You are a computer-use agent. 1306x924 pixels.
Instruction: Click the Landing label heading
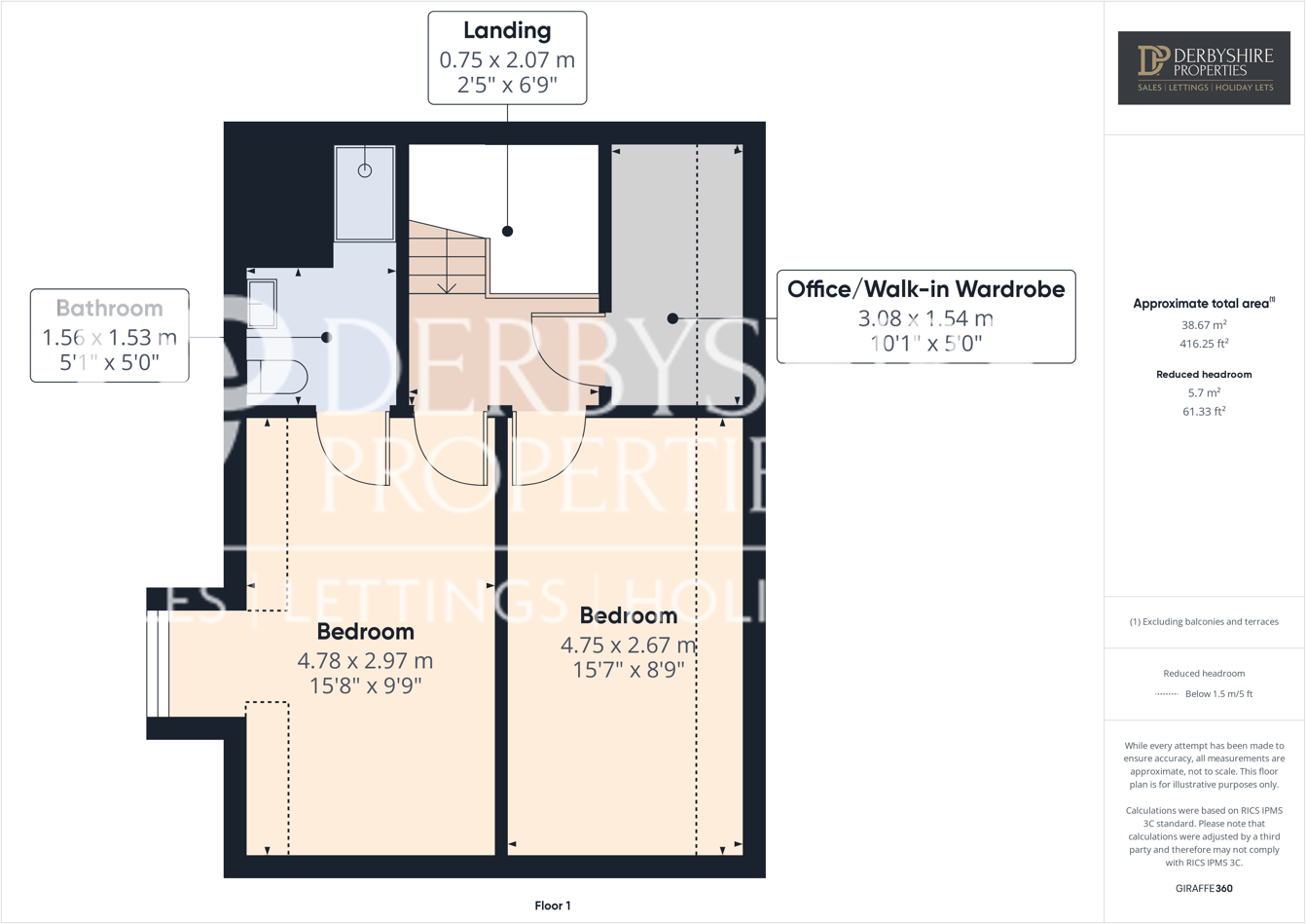pos(507,31)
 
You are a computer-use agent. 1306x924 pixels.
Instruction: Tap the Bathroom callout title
pos(109,309)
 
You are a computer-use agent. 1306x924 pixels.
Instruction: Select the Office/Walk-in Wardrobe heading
pos(925,289)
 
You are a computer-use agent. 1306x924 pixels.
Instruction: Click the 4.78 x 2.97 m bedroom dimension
pos(365,660)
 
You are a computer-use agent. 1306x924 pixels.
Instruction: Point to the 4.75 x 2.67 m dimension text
pos(628,645)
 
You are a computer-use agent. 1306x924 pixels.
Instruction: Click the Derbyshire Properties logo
pos(1204,67)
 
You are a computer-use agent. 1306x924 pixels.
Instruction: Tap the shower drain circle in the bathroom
pos(365,170)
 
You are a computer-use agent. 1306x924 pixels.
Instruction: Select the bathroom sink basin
pos(262,304)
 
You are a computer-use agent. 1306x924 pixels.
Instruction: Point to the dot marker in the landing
pos(507,232)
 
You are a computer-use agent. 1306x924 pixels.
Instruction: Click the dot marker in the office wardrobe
pos(672,318)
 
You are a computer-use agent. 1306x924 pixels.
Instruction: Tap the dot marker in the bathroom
pos(326,337)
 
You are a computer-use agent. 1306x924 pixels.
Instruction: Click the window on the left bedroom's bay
pos(158,663)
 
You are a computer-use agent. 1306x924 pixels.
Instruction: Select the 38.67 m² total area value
pos(1204,325)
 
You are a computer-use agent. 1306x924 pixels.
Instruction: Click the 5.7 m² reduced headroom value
pos(1204,392)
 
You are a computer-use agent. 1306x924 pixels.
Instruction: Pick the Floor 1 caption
pos(553,906)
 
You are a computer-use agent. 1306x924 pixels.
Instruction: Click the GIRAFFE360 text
pos(1204,888)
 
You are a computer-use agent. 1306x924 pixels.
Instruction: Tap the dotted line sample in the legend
pos(1166,694)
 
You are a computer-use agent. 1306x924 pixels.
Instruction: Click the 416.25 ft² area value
pos(1204,344)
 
